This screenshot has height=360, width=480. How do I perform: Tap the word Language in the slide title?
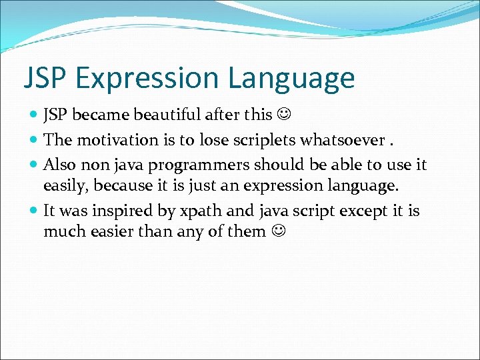click(x=291, y=78)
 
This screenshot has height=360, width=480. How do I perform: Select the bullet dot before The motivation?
click(x=34, y=141)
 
